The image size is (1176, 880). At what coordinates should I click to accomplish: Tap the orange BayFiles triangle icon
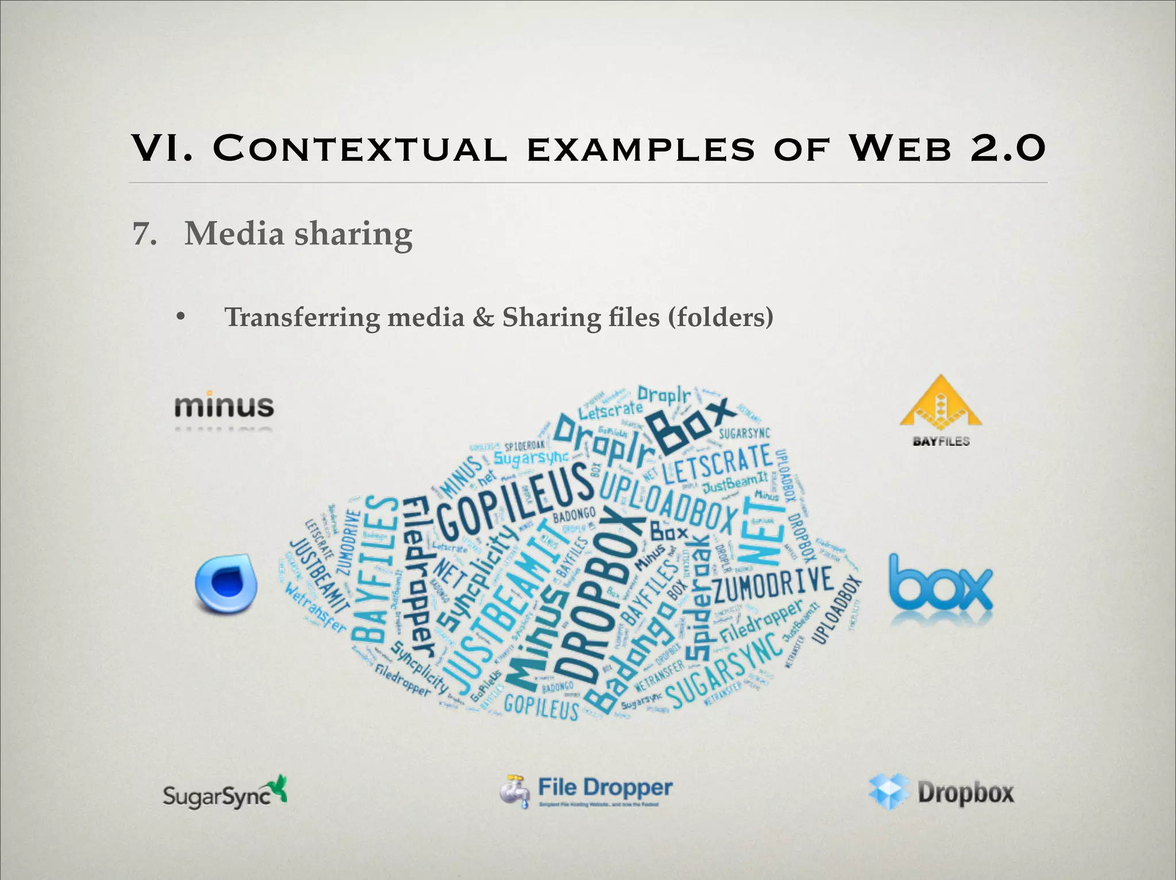[x=941, y=402]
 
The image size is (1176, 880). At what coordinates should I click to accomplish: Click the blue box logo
[x=941, y=586]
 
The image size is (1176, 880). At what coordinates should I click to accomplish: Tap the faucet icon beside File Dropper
[x=514, y=791]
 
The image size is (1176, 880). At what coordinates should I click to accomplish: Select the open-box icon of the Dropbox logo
[x=889, y=791]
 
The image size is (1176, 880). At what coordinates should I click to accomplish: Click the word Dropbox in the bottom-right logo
[x=966, y=793]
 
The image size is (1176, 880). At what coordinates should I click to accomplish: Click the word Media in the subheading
[x=234, y=234]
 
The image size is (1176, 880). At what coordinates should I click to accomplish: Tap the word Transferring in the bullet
[x=302, y=317]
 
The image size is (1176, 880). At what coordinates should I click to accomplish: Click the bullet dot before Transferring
[x=181, y=316]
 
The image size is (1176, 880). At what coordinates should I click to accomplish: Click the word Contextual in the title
[x=360, y=148]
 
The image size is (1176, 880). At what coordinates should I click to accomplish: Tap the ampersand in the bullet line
[x=483, y=317]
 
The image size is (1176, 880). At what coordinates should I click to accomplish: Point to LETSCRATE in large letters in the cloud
[x=718, y=464]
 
